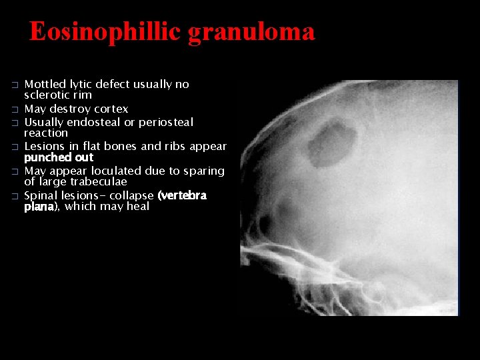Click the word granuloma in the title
251,31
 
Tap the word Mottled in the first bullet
45,85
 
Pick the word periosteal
166,123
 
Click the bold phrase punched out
59,158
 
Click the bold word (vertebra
182,196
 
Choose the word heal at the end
137,207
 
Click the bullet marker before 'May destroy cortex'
15,109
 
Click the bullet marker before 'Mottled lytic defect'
15,85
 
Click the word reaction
46,133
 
